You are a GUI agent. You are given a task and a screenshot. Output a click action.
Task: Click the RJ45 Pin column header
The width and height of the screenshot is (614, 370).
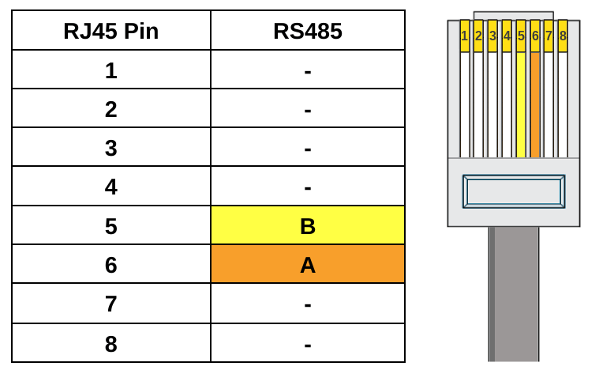110,31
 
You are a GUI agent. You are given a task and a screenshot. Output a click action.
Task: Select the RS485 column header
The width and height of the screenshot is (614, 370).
307,31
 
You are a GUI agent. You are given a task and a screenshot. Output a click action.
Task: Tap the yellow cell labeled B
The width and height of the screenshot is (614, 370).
307,226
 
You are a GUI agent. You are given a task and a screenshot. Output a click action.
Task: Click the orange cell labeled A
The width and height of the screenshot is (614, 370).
307,265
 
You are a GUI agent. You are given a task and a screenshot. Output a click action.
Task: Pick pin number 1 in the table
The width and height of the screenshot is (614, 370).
110,70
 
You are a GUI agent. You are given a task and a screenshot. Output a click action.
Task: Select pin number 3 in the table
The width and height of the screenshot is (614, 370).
110,148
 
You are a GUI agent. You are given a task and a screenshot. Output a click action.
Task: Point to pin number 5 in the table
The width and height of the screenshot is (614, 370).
110,226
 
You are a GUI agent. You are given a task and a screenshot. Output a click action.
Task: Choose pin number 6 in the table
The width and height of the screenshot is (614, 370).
110,265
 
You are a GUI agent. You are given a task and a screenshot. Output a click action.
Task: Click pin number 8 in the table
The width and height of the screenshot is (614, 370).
110,344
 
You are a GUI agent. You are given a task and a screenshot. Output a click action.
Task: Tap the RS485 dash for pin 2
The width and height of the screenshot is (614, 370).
307,109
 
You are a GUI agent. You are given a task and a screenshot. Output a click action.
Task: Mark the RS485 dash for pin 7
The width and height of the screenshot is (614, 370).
307,304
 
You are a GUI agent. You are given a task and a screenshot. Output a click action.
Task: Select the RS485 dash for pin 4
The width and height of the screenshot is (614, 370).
307,187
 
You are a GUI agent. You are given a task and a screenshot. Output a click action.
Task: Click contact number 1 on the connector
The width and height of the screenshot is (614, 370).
464,36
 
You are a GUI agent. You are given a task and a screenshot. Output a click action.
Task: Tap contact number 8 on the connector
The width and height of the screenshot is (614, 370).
563,36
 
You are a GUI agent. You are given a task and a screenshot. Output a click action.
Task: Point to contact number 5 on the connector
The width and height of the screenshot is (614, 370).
521,36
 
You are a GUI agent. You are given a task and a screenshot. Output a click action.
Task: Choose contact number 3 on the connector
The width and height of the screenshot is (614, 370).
492,36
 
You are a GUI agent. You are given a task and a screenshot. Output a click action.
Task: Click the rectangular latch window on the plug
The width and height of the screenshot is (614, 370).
513,191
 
